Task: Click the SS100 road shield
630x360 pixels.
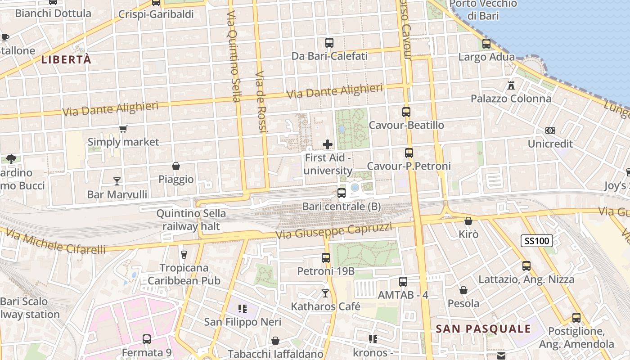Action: pos(537,241)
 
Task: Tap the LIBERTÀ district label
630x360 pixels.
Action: pos(67,59)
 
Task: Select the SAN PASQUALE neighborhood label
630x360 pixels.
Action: pos(483,329)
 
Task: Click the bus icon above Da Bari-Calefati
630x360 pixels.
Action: pos(329,43)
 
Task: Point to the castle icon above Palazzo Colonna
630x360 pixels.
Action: pos(511,85)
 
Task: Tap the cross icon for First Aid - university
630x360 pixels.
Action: pos(328,144)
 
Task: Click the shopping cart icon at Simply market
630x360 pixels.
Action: pos(123,129)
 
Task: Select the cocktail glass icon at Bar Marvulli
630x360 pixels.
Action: pos(117,181)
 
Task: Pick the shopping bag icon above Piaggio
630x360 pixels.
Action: pos(176,166)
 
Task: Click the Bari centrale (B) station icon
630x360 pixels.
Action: pos(342,193)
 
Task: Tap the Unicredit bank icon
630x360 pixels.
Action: pos(550,130)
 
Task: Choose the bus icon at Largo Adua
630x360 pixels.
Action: pos(486,44)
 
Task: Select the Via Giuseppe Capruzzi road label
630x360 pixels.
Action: pos(333,231)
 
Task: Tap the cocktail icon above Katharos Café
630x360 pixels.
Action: pos(325,293)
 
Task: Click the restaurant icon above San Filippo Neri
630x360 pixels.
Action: pos(243,309)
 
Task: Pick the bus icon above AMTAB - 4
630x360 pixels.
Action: pos(403,282)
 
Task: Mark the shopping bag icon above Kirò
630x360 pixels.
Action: pos(468,221)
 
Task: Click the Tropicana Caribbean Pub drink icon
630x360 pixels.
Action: pos(184,255)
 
